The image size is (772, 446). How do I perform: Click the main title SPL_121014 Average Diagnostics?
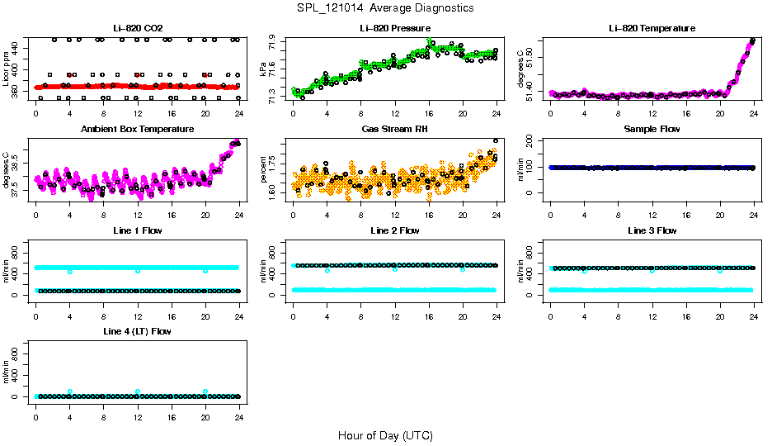pyautogui.click(x=386, y=7)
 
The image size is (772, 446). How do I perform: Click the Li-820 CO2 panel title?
pyautogui.click(x=138, y=28)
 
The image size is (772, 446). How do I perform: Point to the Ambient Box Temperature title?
pyautogui.click(x=138, y=130)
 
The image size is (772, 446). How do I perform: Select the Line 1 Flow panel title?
pyautogui.click(x=138, y=230)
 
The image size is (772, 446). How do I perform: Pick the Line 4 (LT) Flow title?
pyautogui.click(x=138, y=331)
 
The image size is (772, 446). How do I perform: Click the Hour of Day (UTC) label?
pyautogui.click(x=385, y=435)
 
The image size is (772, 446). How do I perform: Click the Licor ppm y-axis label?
pyautogui.click(x=6, y=69)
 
